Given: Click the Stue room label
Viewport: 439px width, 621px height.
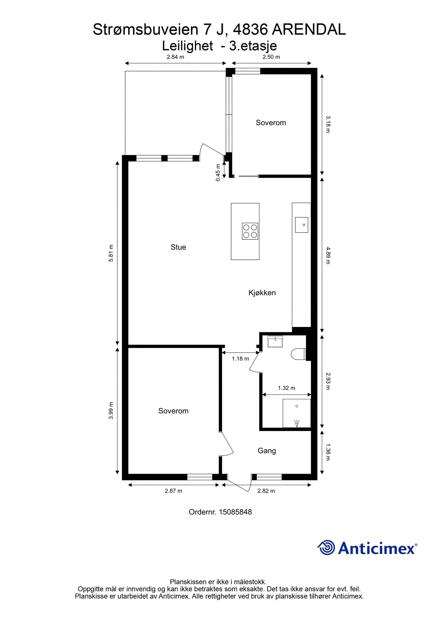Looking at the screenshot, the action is pyautogui.click(x=178, y=247).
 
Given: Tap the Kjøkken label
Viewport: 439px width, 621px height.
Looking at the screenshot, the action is pyautogui.click(x=262, y=293).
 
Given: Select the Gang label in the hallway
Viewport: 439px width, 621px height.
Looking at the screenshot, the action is pyautogui.click(x=267, y=451).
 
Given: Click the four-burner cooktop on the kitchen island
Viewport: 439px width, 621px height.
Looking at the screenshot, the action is pyautogui.click(x=250, y=231).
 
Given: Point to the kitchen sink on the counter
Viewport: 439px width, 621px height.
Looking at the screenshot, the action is pyautogui.click(x=301, y=225).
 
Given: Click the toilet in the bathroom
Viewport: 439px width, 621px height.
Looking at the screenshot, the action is pyautogui.click(x=298, y=354).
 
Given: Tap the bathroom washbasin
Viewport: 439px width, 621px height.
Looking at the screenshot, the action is pyautogui.click(x=275, y=342).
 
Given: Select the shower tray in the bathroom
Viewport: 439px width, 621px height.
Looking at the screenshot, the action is pyautogui.click(x=297, y=413).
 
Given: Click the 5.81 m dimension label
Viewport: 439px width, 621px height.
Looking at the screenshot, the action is pyautogui.click(x=111, y=253).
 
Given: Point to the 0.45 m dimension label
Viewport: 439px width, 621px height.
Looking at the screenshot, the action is pyautogui.click(x=218, y=172).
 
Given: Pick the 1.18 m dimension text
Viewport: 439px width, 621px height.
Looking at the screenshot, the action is pyautogui.click(x=240, y=359).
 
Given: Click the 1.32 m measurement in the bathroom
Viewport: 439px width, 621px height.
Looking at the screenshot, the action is pyautogui.click(x=287, y=388).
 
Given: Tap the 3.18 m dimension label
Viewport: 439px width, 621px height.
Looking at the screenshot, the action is pyautogui.click(x=328, y=124).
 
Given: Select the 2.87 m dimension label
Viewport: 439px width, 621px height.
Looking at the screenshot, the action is pyautogui.click(x=173, y=491).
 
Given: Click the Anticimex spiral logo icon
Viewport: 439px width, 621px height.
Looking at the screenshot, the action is pyautogui.click(x=326, y=548).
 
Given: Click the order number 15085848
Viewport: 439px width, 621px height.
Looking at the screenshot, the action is pyautogui.click(x=235, y=512).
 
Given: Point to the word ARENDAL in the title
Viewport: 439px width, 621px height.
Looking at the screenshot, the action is pyautogui.click(x=309, y=30).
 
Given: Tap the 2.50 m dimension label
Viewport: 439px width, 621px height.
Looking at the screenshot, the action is pyautogui.click(x=271, y=57).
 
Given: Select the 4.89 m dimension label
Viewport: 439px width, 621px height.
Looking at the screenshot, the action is pyautogui.click(x=328, y=255).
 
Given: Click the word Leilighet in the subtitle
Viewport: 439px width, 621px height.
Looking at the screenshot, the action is pyautogui.click(x=188, y=46).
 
